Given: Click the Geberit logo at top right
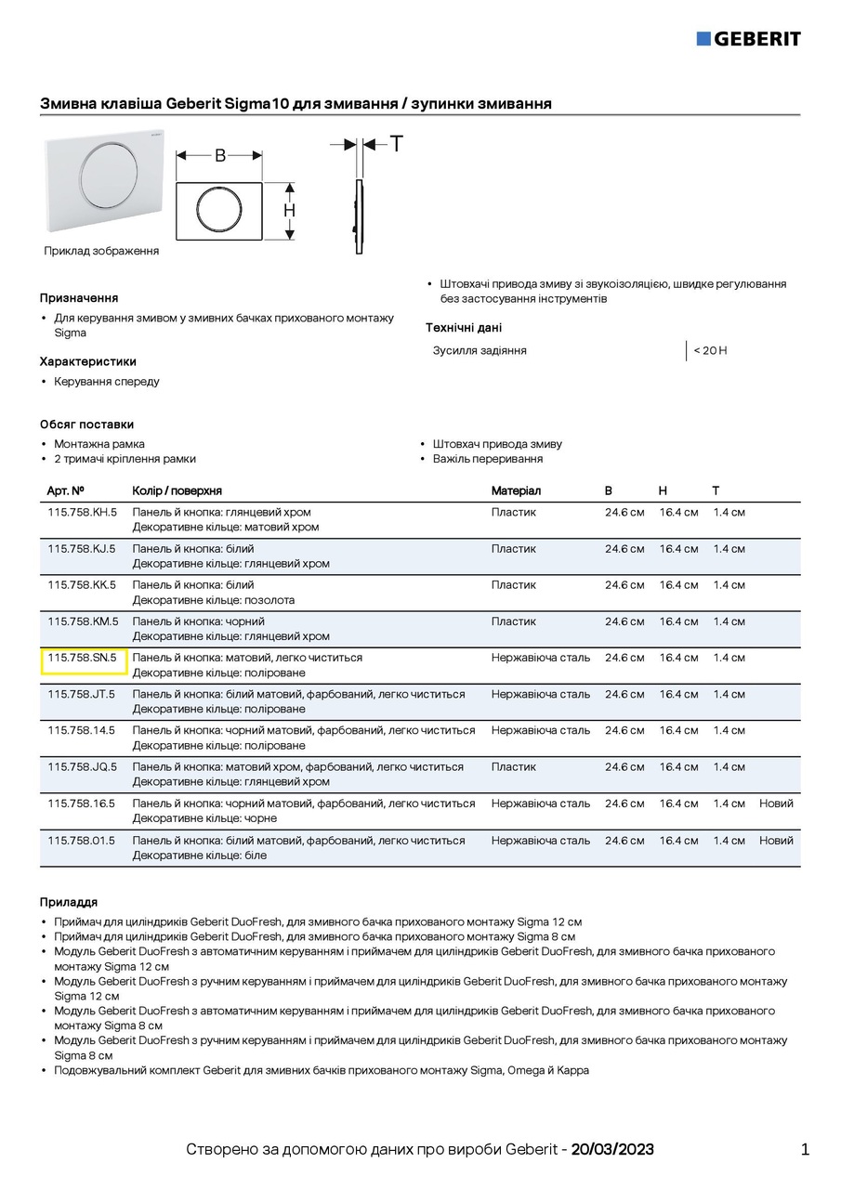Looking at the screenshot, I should (748, 38).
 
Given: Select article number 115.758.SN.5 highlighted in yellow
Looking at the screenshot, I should (83, 659).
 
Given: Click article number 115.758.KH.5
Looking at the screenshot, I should (83, 513).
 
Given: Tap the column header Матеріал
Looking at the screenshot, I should (516, 490).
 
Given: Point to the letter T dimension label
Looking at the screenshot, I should (397, 144).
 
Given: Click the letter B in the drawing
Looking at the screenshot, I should (220, 155).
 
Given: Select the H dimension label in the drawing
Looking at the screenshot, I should (290, 211).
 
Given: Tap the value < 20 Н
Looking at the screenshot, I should (710, 351).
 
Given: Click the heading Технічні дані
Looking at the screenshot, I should (464, 328).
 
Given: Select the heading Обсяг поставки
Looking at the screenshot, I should (86, 425).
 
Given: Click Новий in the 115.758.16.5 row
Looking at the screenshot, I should (776, 804).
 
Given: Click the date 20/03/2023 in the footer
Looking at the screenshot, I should (612, 1150).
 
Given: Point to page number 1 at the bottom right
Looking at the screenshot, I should (805, 1150).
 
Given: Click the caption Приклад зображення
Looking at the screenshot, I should (101, 251).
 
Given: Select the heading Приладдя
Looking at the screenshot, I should (69, 902).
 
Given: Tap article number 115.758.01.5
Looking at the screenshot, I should (82, 841).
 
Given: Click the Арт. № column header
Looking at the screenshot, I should (66, 490).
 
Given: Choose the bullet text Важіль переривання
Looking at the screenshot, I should (488, 459).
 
